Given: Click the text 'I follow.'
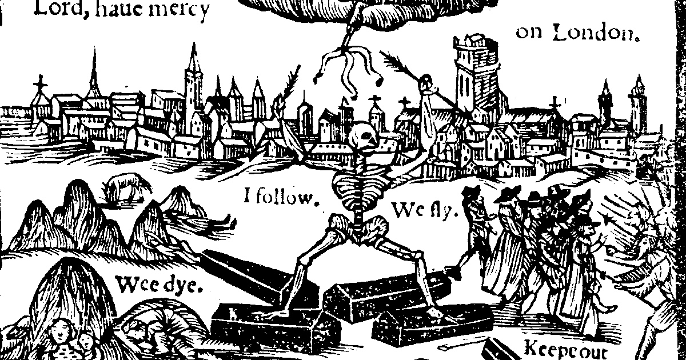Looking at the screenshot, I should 280,198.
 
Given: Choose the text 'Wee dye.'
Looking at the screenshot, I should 159,284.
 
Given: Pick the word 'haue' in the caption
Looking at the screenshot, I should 122,10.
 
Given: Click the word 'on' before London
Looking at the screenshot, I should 528,33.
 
